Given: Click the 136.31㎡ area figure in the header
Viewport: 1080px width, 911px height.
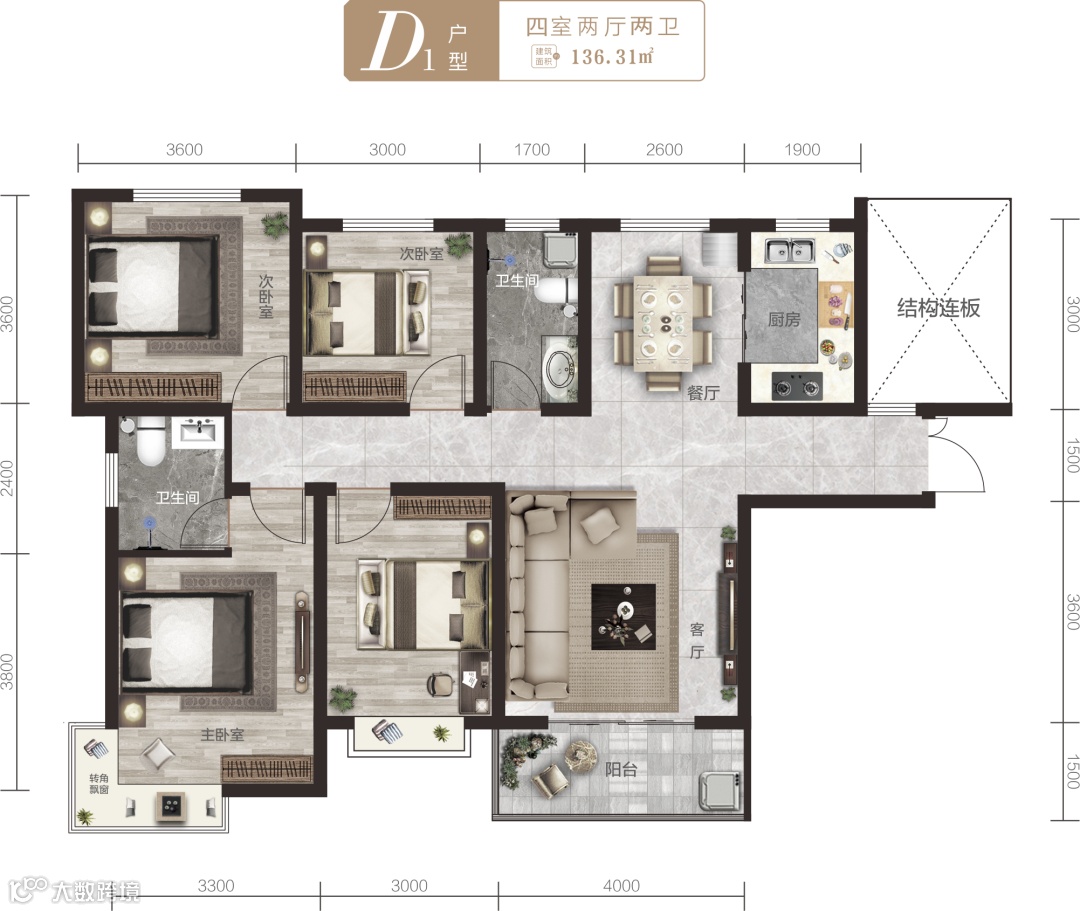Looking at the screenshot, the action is point(612,56).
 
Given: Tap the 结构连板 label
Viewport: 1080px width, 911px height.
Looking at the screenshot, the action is point(938,308).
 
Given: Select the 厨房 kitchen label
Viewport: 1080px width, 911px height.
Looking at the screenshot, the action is point(784,320).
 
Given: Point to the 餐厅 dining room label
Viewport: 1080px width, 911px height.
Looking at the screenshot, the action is point(703,393).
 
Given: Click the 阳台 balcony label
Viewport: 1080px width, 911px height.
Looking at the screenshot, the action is point(621,769).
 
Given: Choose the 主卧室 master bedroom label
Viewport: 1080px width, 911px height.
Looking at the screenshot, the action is point(222,735).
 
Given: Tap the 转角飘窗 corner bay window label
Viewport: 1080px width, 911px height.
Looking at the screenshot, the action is point(99,784).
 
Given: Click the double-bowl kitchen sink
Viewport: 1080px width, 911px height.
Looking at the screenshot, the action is point(789,251).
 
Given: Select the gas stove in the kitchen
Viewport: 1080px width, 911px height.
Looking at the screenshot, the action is point(797,386).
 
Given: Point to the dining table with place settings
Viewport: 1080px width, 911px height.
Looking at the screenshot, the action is point(663,324).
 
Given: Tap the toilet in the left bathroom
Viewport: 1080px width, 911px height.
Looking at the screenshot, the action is point(149,441).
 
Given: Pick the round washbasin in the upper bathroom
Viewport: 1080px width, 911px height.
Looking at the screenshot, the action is point(560,367).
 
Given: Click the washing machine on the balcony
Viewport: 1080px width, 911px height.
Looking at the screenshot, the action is point(720,790).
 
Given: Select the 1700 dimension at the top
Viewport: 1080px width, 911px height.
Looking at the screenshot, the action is point(532,150).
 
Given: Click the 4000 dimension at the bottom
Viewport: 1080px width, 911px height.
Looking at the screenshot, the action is point(621,886).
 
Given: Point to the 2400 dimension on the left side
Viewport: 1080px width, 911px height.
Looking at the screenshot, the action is point(7,478).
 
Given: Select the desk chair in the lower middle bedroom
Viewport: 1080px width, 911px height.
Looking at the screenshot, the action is point(441,683).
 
